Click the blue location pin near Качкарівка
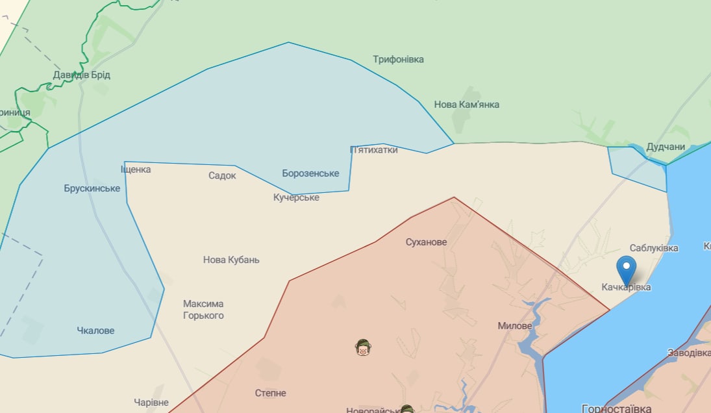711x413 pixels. pyautogui.click(x=626, y=267)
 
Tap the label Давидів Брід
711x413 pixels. pyautogui.click(x=81, y=75)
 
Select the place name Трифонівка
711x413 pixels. pyautogui.click(x=398, y=60)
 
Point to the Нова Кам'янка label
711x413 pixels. pyautogui.click(x=466, y=105)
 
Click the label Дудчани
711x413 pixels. pyautogui.click(x=666, y=147)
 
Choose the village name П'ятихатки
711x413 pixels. pyautogui.click(x=373, y=150)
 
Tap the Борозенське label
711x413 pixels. pyautogui.click(x=310, y=173)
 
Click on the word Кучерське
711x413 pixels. pyautogui.click(x=296, y=197)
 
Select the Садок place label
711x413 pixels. pyautogui.click(x=222, y=175)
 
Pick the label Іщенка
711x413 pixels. pyautogui.click(x=136, y=169)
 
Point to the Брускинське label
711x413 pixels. pyautogui.click(x=92, y=188)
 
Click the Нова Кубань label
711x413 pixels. pyautogui.click(x=231, y=260)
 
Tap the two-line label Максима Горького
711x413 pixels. pyautogui.click(x=203, y=310)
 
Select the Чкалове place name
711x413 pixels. pyautogui.click(x=95, y=331)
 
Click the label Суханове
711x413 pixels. pyautogui.click(x=426, y=242)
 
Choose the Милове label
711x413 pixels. pyautogui.click(x=515, y=326)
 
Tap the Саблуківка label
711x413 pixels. pyautogui.click(x=654, y=248)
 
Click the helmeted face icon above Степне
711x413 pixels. pyautogui.click(x=363, y=348)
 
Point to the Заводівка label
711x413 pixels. pyautogui.click(x=689, y=353)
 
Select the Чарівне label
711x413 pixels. pyautogui.click(x=151, y=403)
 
